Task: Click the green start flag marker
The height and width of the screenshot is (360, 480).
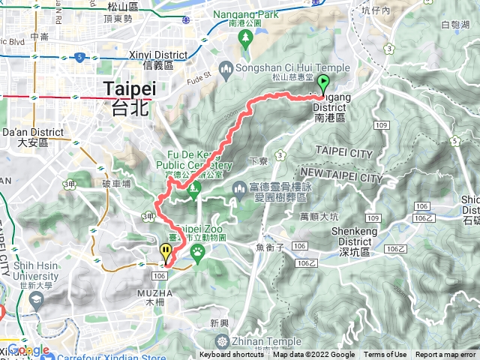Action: [x=323, y=82]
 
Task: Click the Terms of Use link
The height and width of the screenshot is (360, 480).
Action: [x=385, y=355]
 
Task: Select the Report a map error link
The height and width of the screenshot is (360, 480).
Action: [x=445, y=355]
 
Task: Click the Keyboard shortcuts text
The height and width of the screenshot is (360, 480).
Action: [x=232, y=355]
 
